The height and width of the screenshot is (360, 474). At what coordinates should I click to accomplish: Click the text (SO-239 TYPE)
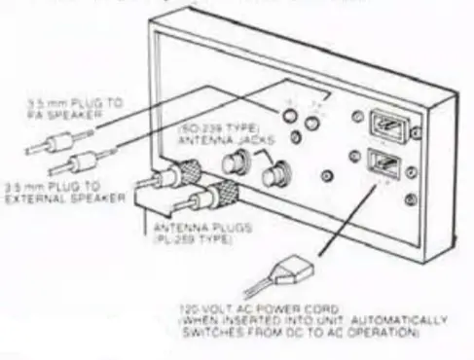point(225,127)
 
